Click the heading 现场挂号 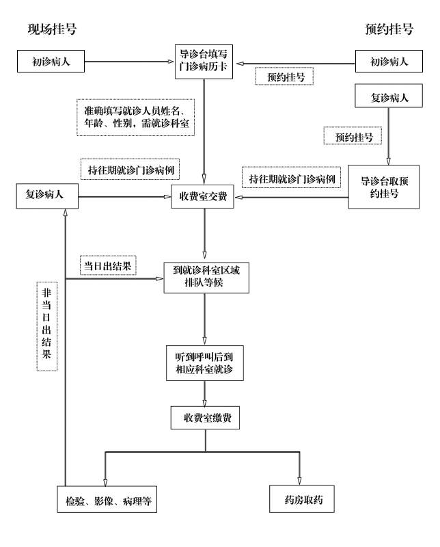click(52, 29)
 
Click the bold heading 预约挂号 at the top click(389, 29)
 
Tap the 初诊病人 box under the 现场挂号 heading click(51, 62)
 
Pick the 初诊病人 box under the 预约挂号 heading click(389, 62)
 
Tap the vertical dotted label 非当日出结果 click(47, 327)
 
